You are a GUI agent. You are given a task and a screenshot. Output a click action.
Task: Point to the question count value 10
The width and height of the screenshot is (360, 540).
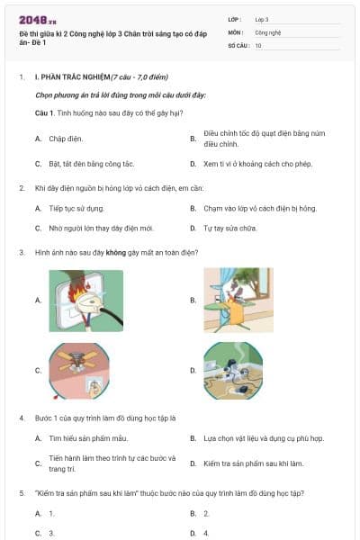[x=258, y=44]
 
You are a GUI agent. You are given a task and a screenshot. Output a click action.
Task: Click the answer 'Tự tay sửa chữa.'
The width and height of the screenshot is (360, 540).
[x=237, y=228]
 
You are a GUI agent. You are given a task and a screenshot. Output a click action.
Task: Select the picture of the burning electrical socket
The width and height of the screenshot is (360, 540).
[x=86, y=300]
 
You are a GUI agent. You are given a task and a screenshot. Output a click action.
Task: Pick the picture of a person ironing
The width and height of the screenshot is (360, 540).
[x=238, y=300]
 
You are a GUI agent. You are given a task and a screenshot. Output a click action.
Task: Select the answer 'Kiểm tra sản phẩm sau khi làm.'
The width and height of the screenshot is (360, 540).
[x=253, y=463]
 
